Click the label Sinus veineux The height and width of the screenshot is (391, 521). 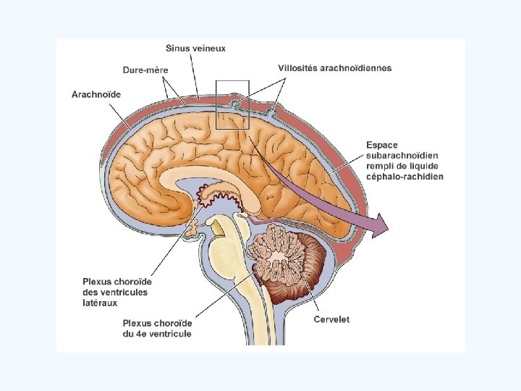pyautogui.click(x=195, y=49)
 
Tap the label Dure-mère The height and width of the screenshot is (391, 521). pyautogui.click(x=145, y=70)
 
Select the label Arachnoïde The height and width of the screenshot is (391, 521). pyautogui.click(x=96, y=94)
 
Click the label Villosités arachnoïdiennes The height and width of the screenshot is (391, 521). pyautogui.click(x=335, y=68)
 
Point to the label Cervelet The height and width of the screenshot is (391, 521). pyautogui.click(x=331, y=319)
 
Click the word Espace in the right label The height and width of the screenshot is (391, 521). pyautogui.click(x=381, y=146)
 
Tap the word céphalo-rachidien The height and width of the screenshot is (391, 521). pyautogui.click(x=404, y=176)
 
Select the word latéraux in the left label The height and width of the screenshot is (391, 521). pyautogui.click(x=100, y=303)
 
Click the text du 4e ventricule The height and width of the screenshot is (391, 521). pyautogui.click(x=157, y=334)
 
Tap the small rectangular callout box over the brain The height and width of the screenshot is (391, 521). pyautogui.click(x=232, y=105)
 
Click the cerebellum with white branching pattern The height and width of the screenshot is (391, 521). pyautogui.click(x=283, y=256)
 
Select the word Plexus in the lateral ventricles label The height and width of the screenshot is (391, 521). pyautogui.click(x=97, y=282)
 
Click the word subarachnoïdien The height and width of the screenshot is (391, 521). pyautogui.click(x=402, y=156)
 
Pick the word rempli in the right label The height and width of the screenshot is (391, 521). pyautogui.click(x=381, y=166)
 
